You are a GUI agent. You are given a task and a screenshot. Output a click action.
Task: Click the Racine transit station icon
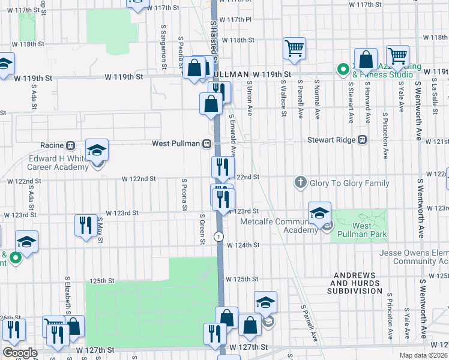click(70, 145)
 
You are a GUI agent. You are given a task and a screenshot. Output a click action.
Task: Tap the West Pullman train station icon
click(206, 144)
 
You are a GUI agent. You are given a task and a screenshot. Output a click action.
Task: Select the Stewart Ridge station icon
click(362, 140)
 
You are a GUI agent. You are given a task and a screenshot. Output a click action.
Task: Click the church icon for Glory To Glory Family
click(301, 182)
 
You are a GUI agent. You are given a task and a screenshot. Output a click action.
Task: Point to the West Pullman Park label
click(361, 229)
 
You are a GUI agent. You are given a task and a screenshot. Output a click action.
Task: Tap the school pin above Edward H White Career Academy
click(97, 150)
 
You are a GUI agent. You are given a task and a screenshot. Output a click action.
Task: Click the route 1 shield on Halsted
click(220, 236)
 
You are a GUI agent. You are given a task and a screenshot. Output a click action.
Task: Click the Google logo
click(20, 352)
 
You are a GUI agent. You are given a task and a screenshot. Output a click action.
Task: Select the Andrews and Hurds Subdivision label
click(355, 283)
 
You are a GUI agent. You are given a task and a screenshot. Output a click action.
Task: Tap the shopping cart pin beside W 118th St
click(294, 49)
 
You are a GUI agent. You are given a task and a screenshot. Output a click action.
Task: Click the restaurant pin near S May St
click(85, 226)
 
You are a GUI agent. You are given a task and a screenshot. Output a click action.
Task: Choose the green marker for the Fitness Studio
click(343, 70)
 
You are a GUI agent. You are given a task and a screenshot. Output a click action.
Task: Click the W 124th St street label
click(246, 245)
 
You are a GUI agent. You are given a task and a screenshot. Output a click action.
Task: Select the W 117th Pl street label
click(238, 20)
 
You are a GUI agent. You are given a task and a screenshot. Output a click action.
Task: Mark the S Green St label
click(203, 229)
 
